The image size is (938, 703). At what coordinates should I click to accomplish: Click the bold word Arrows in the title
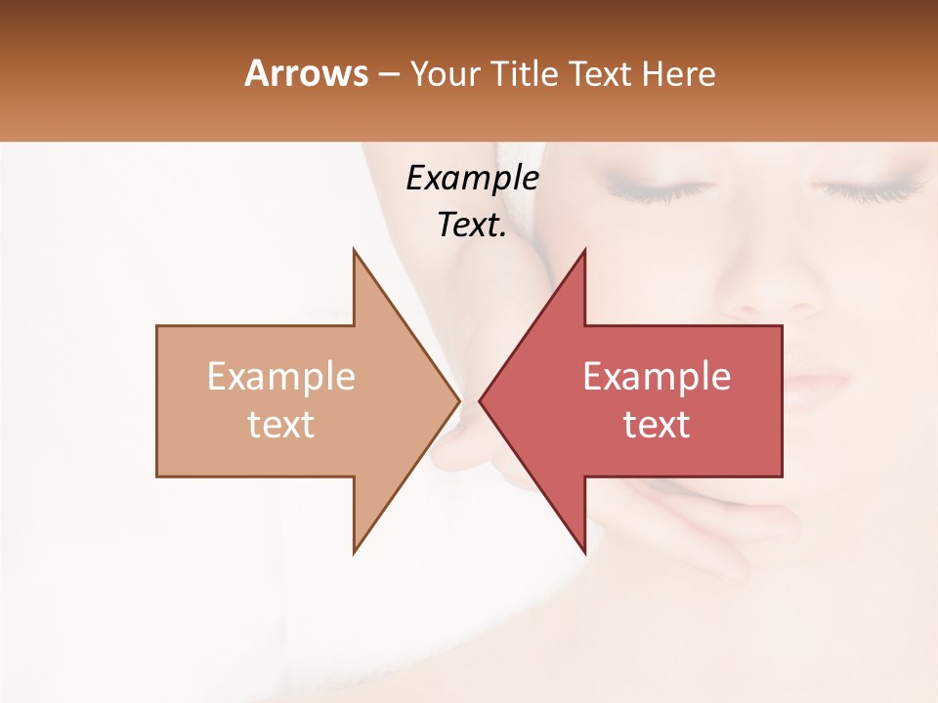tap(306, 73)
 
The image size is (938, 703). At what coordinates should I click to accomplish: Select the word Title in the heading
tap(526, 74)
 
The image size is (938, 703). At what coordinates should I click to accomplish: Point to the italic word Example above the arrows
tap(472, 179)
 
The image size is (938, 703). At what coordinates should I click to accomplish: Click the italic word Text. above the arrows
tap(472, 226)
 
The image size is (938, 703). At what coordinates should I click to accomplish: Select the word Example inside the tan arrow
tap(280, 377)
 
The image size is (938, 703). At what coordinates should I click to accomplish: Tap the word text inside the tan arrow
tap(280, 425)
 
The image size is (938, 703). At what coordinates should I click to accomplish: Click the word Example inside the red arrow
tap(657, 377)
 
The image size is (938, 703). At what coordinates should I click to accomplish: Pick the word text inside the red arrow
tap(657, 425)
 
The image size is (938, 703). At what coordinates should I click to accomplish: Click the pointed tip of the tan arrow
tap(458, 400)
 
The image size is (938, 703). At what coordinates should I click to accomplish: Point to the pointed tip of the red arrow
tap(480, 400)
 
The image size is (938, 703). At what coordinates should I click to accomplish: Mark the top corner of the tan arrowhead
tap(354, 250)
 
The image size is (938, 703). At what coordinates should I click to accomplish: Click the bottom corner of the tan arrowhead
tap(354, 553)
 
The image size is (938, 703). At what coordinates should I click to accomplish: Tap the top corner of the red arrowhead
tap(584, 250)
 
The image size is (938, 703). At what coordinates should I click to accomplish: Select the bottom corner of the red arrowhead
tap(584, 553)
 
